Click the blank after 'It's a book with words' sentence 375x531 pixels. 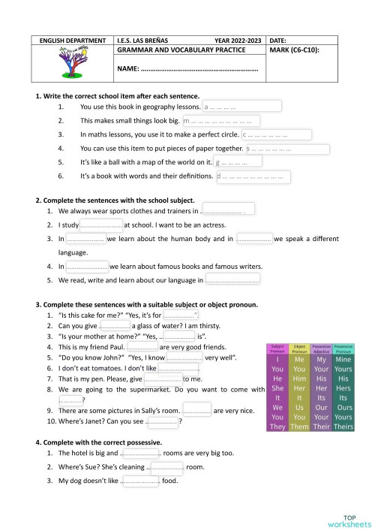pyautogui.click(x=253, y=177)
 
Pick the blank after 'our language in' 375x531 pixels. pyautogui.click(x=232, y=280)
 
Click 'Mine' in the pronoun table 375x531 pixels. pyautogui.click(x=343, y=360)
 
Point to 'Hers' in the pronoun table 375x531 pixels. pyautogui.click(x=343, y=388)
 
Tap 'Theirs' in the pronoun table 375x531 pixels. pyautogui.click(x=343, y=427)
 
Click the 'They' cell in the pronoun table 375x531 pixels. pyautogui.click(x=277, y=427)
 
